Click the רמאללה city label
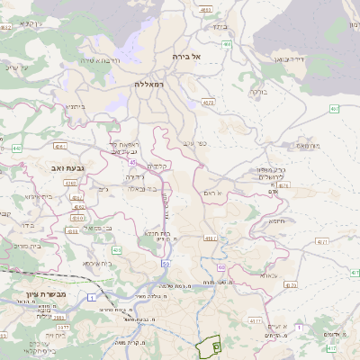point(148,83)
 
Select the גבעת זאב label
point(67,168)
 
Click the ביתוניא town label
point(76,106)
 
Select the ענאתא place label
point(269,275)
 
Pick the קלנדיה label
point(158,166)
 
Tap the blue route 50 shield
point(166,264)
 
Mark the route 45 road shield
point(132,163)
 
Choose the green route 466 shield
point(227,44)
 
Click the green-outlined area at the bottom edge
point(208,346)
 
